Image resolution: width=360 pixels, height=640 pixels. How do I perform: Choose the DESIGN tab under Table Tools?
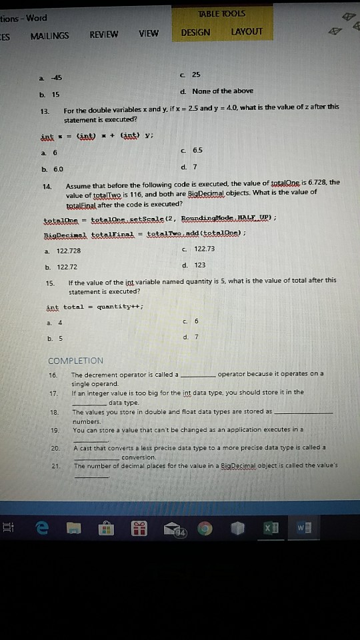coord(195,32)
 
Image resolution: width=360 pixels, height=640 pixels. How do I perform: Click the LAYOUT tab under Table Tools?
coord(246,31)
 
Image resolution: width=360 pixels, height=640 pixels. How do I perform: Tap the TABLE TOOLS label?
coord(221,13)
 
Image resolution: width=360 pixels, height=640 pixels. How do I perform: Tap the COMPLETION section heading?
coord(76,361)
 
